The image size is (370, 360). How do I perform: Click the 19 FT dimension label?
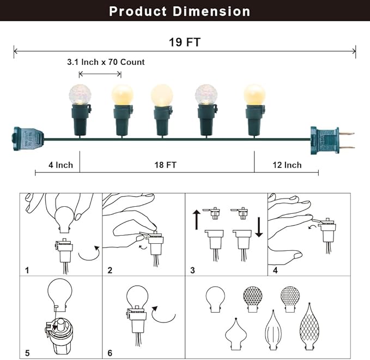click(x=185, y=43)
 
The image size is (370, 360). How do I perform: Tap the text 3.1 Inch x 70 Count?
click(x=106, y=62)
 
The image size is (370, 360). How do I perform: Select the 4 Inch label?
click(x=60, y=165)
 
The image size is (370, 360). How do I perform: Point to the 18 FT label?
click(x=166, y=165)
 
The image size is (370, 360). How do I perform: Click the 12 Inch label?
click(x=287, y=165)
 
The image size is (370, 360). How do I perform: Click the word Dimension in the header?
click(x=211, y=11)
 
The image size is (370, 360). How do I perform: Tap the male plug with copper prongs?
click(x=332, y=140)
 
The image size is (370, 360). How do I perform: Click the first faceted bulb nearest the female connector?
click(x=80, y=94)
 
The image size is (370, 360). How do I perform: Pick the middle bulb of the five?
click(x=162, y=95)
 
